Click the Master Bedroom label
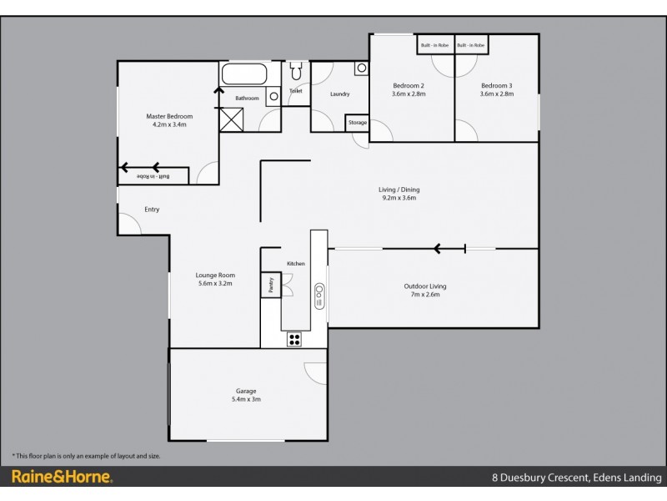click(x=169, y=116)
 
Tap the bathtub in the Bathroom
click(x=243, y=73)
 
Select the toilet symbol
click(x=296, y=73)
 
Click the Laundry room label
click(x=339, y=94)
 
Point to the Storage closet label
click(x=358, y=123)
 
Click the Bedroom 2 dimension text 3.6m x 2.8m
click(x=409, y=94)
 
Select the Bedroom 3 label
click(x=497, y=85)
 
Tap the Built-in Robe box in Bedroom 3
click(x=471, y=45)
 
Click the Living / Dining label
click(x=399, y=190)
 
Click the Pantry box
click(x=270, y=285)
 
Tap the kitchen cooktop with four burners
click(x=294, y=339)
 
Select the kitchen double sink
click(x=318, y=294)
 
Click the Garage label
click(x=245, y=391)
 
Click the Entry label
click(x=152, y=210)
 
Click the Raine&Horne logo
click(x=63, y=478)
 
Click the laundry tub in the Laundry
click(x=360, y=68)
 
